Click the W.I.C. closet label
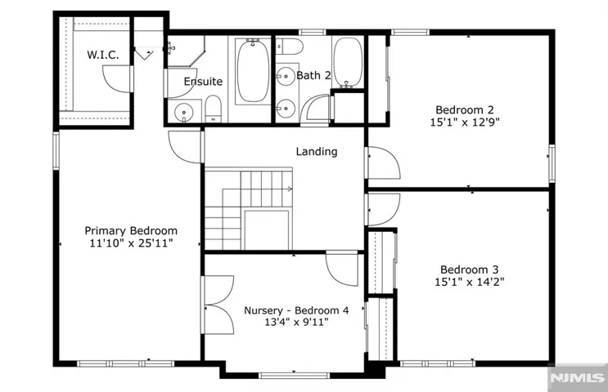[x=103, y=55]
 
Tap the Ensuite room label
[x=203, y=82]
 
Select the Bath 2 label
[x=313, y=75]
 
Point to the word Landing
[x=317, y=152]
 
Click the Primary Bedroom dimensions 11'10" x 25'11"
[x=131, y=243]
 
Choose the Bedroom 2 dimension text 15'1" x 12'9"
[x=465, y=122]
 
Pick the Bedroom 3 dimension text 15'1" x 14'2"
[x=469, y=282]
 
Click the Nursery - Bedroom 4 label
[x=296, y=310]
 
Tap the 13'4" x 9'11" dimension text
[x=296, y=322]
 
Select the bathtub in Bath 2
[x=348, y=62]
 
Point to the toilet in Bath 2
[x=289, y=47]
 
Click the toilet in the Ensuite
[x=213, y=109]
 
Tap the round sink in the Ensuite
[x=184, y=113]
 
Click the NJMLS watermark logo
[x=578, y=377]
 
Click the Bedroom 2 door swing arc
[x=384, y=163]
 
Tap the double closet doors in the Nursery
[x=218, y=305]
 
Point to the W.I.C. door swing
[x=116, y=79]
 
